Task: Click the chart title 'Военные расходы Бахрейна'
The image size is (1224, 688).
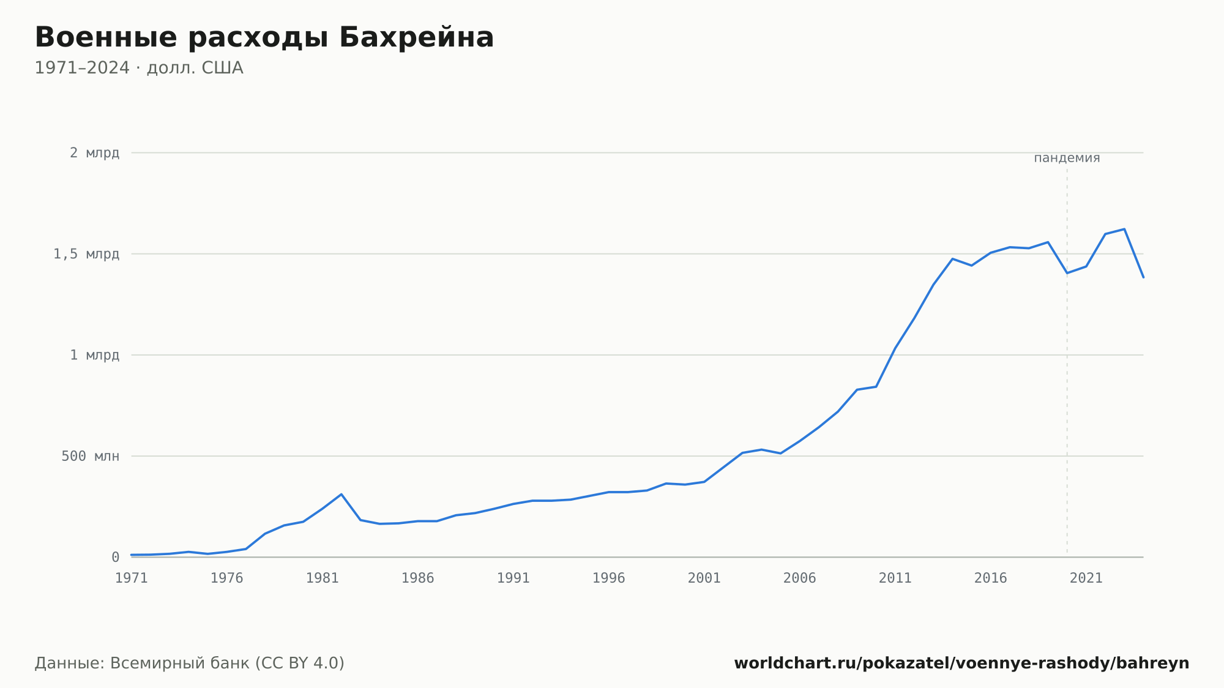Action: point(264,38)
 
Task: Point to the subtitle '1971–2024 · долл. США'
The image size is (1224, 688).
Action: point(139,68)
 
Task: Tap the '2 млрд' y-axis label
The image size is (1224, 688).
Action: point(94,153)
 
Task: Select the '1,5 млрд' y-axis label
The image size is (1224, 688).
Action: point(86,254)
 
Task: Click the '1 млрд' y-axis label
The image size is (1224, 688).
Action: point(94,355)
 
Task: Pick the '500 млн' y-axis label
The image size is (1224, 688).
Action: point(90,456)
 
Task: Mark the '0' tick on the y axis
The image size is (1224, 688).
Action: point(115,558)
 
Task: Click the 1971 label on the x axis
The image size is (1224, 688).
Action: point(132,578)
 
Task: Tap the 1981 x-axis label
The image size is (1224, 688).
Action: point(323,578)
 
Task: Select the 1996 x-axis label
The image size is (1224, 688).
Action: point(609,578)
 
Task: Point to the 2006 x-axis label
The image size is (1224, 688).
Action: point(800,578)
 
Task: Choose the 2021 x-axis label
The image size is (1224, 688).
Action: point(1086,578)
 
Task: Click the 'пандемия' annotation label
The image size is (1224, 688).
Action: point(1067,158)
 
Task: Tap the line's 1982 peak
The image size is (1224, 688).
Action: point(341,494)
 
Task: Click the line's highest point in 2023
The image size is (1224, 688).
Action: point(1124,229)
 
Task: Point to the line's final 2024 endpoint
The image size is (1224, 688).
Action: point(1143,277)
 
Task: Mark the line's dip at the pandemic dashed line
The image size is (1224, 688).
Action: point(1067,273)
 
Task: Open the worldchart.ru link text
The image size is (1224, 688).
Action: point(961,663)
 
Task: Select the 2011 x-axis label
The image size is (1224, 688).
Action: point(895,578)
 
